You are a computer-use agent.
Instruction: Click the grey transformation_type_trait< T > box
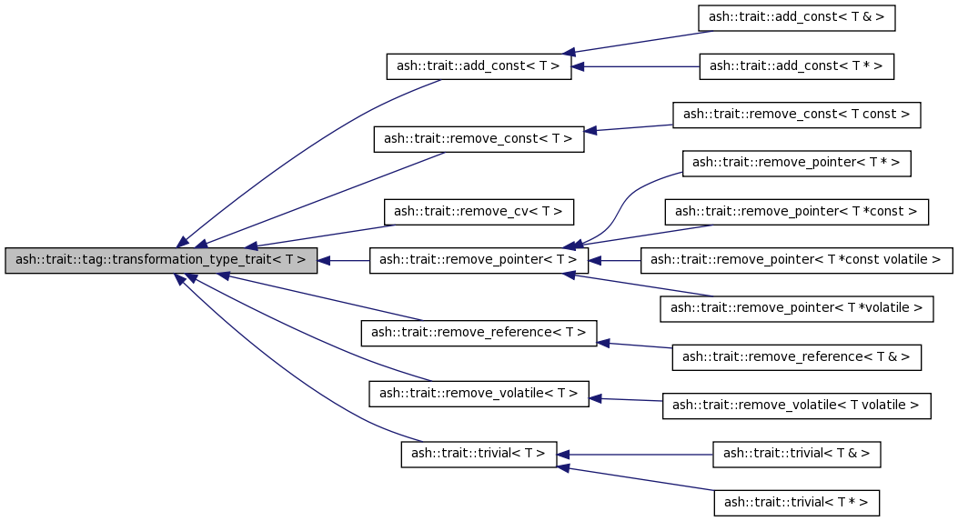coord(161,260)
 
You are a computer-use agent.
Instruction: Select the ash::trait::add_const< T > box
coord(479,66)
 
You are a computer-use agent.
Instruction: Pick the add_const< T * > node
coord(797,66)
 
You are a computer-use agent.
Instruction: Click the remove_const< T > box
coord(479,139)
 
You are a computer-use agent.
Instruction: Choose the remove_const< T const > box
coord(797,115)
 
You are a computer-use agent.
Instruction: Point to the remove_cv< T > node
coord(479,212)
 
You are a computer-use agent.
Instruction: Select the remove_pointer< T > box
coord(479,260)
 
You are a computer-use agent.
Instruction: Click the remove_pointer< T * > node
coord(797,163)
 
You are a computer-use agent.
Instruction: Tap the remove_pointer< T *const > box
coord(797,212)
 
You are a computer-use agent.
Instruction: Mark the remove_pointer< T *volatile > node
coord(797,309)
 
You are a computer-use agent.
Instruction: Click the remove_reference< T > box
coord(479,333)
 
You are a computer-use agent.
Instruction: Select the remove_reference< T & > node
coord(797,357)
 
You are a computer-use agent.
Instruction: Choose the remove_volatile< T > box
coord(479,394)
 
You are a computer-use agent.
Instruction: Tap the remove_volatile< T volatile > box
coord(797,406)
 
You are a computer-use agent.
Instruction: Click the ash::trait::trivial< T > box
coord(479,454)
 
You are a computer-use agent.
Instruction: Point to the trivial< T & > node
coord(797,454)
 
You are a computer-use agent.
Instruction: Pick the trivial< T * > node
coord(797,502)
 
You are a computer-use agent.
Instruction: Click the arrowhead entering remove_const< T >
coord(590,131)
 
